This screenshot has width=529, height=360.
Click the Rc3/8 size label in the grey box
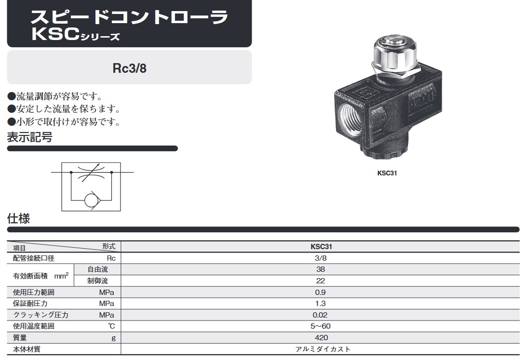(x=130, y=68)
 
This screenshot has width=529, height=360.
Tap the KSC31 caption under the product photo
(x=387, y=173)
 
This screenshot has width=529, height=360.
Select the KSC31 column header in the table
(x=321, y=247)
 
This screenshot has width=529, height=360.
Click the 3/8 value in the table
(x=321, y=258)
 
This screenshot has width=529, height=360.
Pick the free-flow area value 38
(x=321, y=269)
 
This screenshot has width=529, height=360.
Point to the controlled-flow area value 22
(x=321, y=281)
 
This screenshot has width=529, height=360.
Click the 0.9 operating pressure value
(x=321, y=292)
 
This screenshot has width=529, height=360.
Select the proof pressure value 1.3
(x=321, y=303)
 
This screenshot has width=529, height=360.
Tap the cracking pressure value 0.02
(x=320, y=315)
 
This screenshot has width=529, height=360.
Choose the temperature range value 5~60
(x=321, y=326)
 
